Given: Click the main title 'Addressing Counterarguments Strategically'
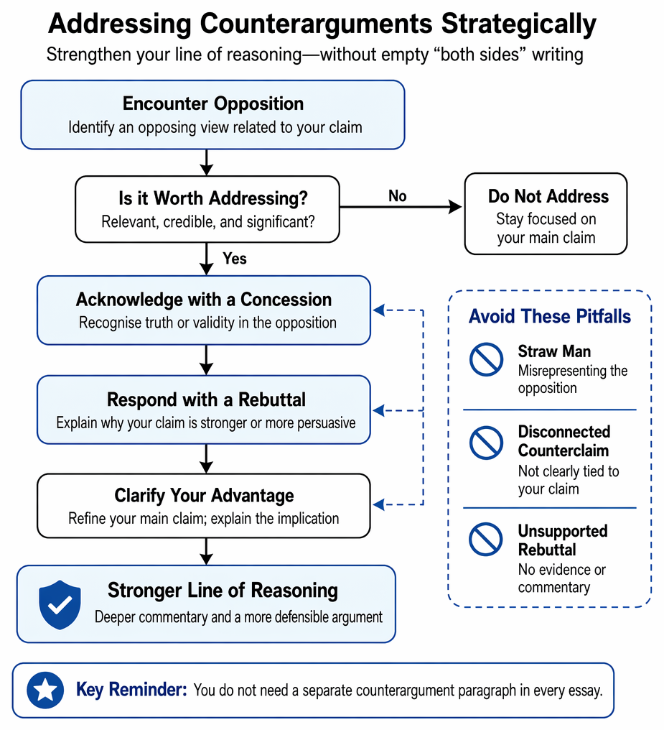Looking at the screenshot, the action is (322, 24).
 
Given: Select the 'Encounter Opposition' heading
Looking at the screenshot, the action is (213, 103).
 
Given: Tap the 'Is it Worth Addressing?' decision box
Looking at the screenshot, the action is (207, 209).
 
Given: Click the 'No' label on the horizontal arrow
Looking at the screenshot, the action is (398, 196).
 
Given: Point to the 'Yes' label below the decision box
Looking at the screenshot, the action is (234, 259).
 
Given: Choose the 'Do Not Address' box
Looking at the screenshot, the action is (546, 213).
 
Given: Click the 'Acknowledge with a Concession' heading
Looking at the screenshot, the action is (204, 300).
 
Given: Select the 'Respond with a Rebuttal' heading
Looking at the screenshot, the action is (206, 399).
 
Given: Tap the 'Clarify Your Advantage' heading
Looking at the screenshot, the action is (204, 495).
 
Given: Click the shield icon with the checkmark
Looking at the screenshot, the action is (60, 605).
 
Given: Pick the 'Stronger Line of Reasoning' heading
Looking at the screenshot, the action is (223, 591).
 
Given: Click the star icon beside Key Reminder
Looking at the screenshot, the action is (45, 690).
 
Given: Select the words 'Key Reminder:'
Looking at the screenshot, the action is (131, 690).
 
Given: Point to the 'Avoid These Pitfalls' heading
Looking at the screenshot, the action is (550, 316).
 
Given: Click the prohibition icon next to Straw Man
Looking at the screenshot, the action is (486, 359).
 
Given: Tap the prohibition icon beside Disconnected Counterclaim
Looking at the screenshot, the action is (486, 443).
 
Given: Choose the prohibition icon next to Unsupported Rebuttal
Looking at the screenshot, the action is (486, 539).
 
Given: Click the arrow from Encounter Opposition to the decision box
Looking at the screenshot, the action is (207, 162).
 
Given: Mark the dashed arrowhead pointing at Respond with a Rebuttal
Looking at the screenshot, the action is (379, 411).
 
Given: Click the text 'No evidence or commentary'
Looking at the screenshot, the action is (561, 578).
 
